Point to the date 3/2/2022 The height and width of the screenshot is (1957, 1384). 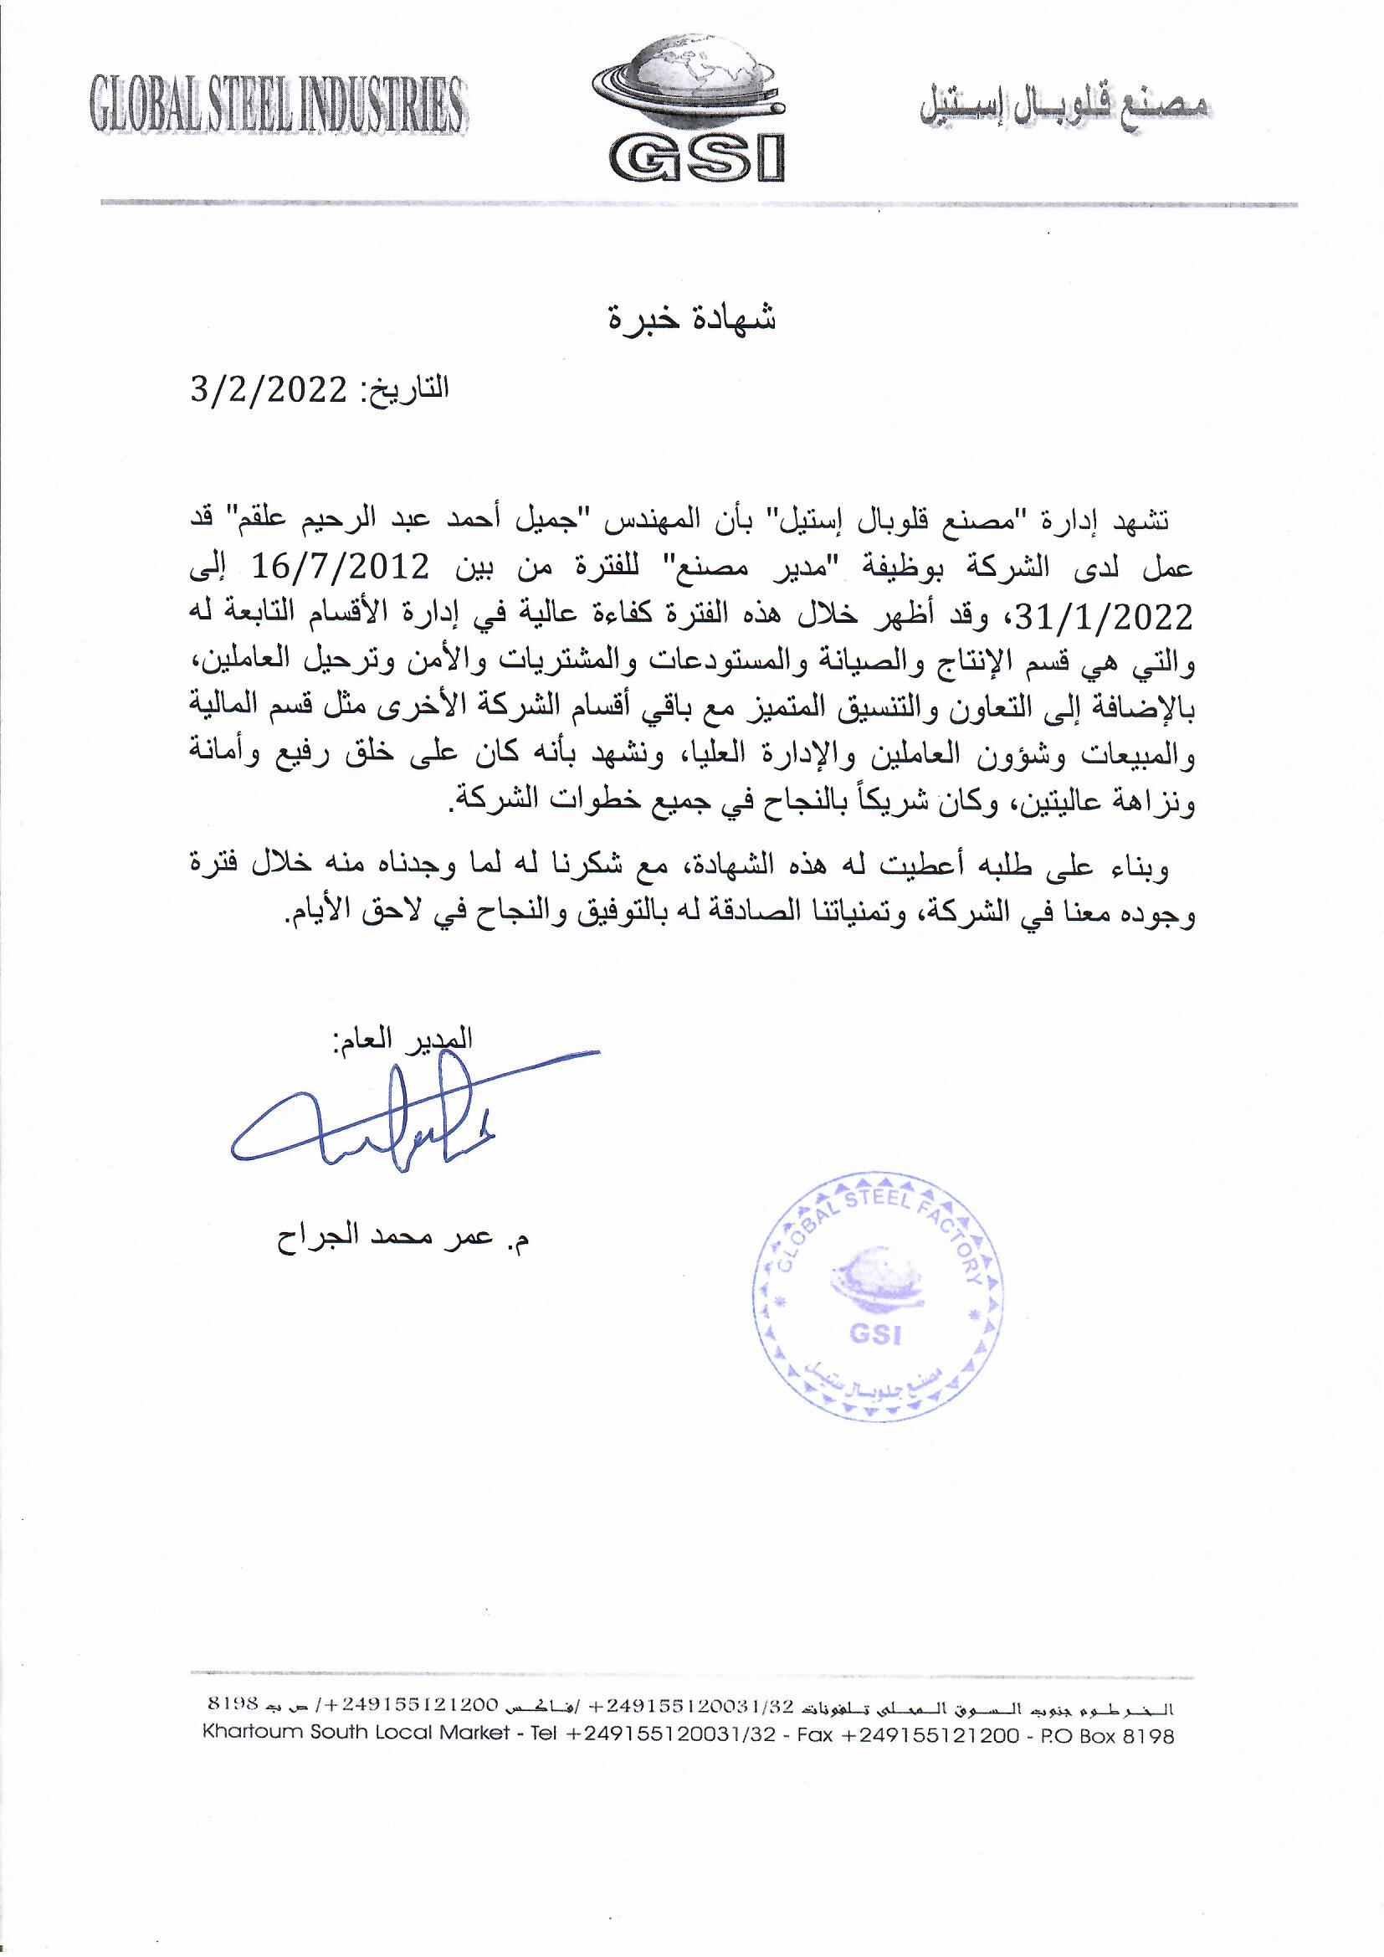pyautogui.click(x=268, y=392)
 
